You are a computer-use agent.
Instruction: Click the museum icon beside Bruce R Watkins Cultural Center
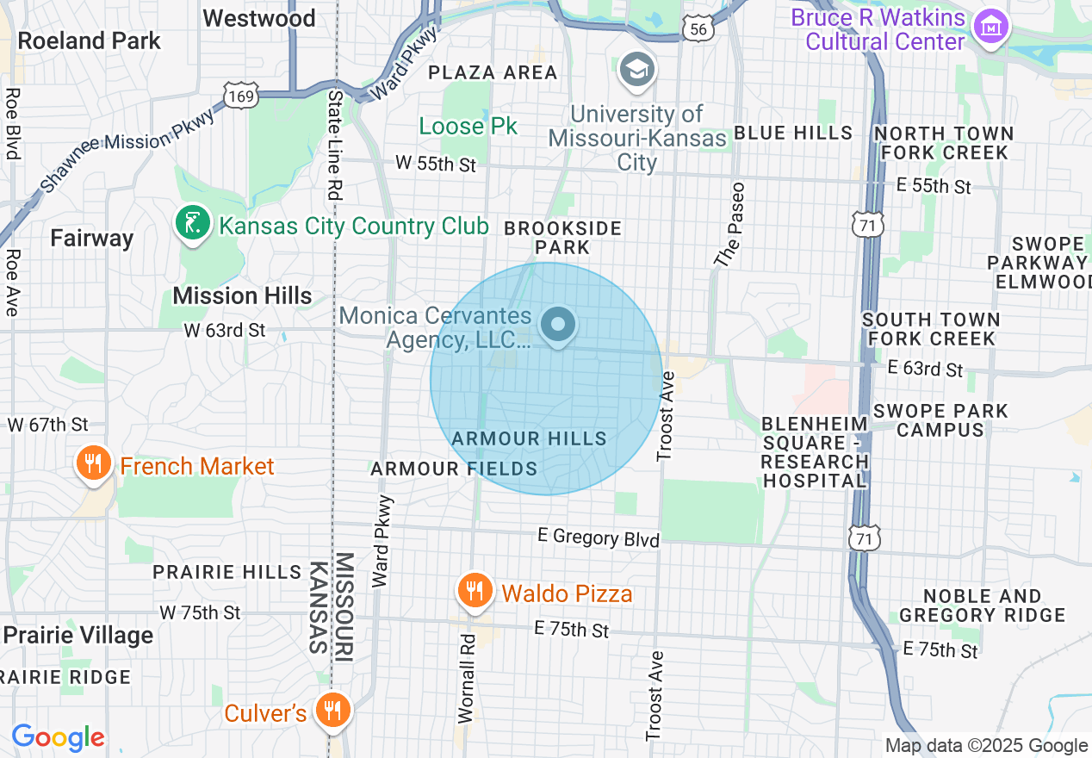coord(990,28)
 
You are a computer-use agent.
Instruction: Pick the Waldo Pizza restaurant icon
coord(474,591)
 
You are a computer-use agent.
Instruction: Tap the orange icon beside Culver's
coord(330,711)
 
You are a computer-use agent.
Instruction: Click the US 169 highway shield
coord(242,96)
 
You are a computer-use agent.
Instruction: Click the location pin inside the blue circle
coord(558,326)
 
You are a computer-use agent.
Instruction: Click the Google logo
coord(58,737)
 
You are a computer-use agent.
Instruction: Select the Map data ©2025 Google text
coord(986,746)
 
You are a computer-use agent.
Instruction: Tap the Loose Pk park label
coord(468,126)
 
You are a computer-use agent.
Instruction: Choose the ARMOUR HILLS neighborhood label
coord(529,438)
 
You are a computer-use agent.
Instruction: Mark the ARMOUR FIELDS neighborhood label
coord(454,469)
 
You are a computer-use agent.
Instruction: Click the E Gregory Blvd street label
coord(598,537)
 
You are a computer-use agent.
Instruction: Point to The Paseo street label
coord(728,223)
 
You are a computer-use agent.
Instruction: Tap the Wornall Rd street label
coord(467,677)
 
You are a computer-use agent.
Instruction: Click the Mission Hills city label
coord(242,295)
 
